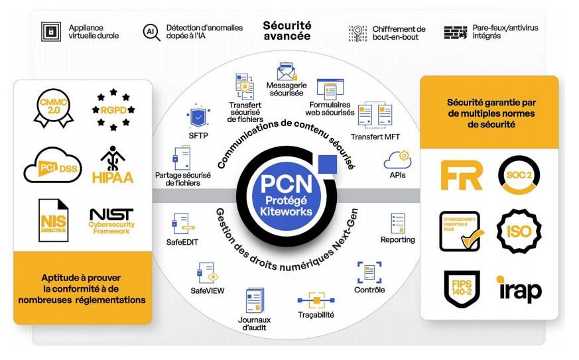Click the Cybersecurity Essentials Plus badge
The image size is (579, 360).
coord(460,231)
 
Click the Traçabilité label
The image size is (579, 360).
coord(316,316)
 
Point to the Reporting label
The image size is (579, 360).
coord(397,239)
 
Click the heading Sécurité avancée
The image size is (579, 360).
coord(287,30)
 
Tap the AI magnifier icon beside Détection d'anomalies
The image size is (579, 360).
coord(151,32)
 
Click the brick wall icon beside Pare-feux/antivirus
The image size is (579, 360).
coord(456,32)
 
